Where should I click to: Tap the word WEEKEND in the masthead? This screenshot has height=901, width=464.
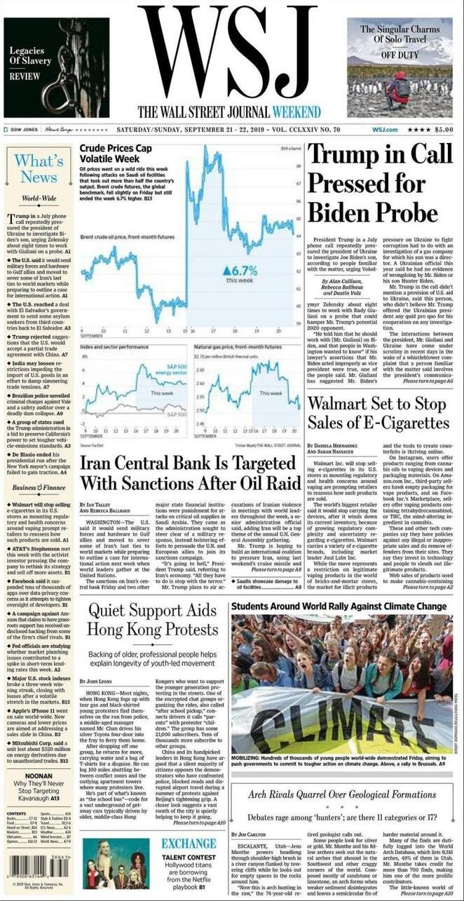point(297,111)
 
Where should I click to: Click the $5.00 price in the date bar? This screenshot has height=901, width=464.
point(444,130)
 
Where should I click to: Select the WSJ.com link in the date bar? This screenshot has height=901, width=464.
point(385,130)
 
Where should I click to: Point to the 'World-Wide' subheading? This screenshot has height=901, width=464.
point(39,199)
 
